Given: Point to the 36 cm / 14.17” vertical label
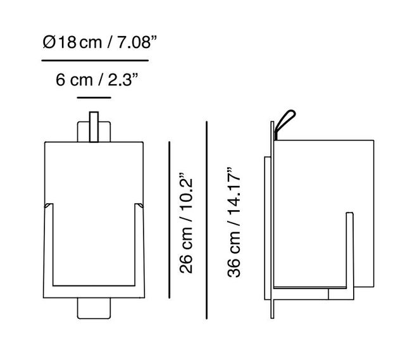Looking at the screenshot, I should (x=235, y=222).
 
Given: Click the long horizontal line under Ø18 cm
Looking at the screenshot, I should (x=95, y=61).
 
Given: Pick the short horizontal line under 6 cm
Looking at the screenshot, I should (x=94, y=98).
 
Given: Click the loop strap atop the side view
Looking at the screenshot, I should (x=284, y=121).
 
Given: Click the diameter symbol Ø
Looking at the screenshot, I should (x=48, y=43).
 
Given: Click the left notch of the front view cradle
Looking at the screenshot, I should (x=47, y=206).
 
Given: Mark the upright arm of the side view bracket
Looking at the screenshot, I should (x=348, y=253).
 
